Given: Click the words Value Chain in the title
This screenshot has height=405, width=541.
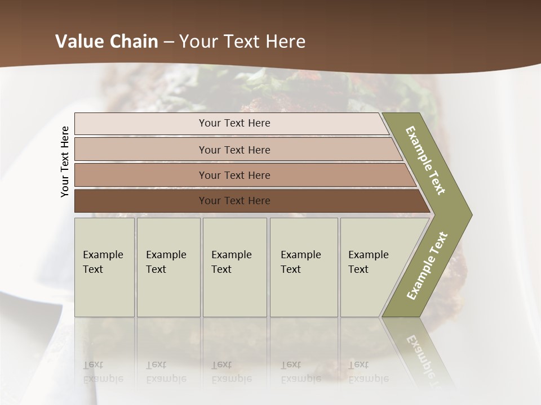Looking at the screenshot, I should pyautogui.click(x=107, y=42).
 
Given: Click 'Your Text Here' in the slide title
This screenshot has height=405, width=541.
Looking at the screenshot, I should pyautogui.click(x=242, y=42).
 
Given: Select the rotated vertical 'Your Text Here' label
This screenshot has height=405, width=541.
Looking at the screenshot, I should pyautogui.click(x=65, y=161).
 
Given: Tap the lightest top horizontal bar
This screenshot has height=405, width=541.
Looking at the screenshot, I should pyautogui.click(x=234, y=123).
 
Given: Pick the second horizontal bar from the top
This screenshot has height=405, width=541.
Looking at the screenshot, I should pyautogui.click(x=234, y=150).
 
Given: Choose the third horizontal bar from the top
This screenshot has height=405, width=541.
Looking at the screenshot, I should pyautogui.click(x=234, y=175).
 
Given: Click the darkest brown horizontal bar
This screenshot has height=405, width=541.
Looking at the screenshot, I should pyautogui.click(x=234, y=201).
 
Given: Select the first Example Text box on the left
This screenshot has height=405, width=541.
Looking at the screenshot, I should pyautogui.click(x=104, y=267).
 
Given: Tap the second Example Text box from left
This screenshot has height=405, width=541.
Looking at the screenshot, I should pyautogui.click(x=168, y=267).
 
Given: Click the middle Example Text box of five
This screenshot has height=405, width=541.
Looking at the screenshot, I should pyautogui.click(x=234, y=267).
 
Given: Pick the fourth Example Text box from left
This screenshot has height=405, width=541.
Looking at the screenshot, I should pyautogui.click(x=303, y=267).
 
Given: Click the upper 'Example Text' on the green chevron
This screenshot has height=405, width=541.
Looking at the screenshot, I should pyautogui.click(x=425, y=160).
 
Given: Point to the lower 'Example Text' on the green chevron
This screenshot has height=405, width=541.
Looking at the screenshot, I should pyautogui.click(x=427, y=265).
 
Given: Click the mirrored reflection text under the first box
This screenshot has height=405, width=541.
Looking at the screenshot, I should pyautogui.click(x=103, y=372).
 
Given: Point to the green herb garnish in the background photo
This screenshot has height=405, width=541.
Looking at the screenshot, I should pyautogui.click(x=265, y=84).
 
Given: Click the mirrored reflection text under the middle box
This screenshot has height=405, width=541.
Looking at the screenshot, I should pyautogui.click(x=232, y=372).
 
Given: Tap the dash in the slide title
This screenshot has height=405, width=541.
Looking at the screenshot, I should pyautogui.click(x=168, y=42).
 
